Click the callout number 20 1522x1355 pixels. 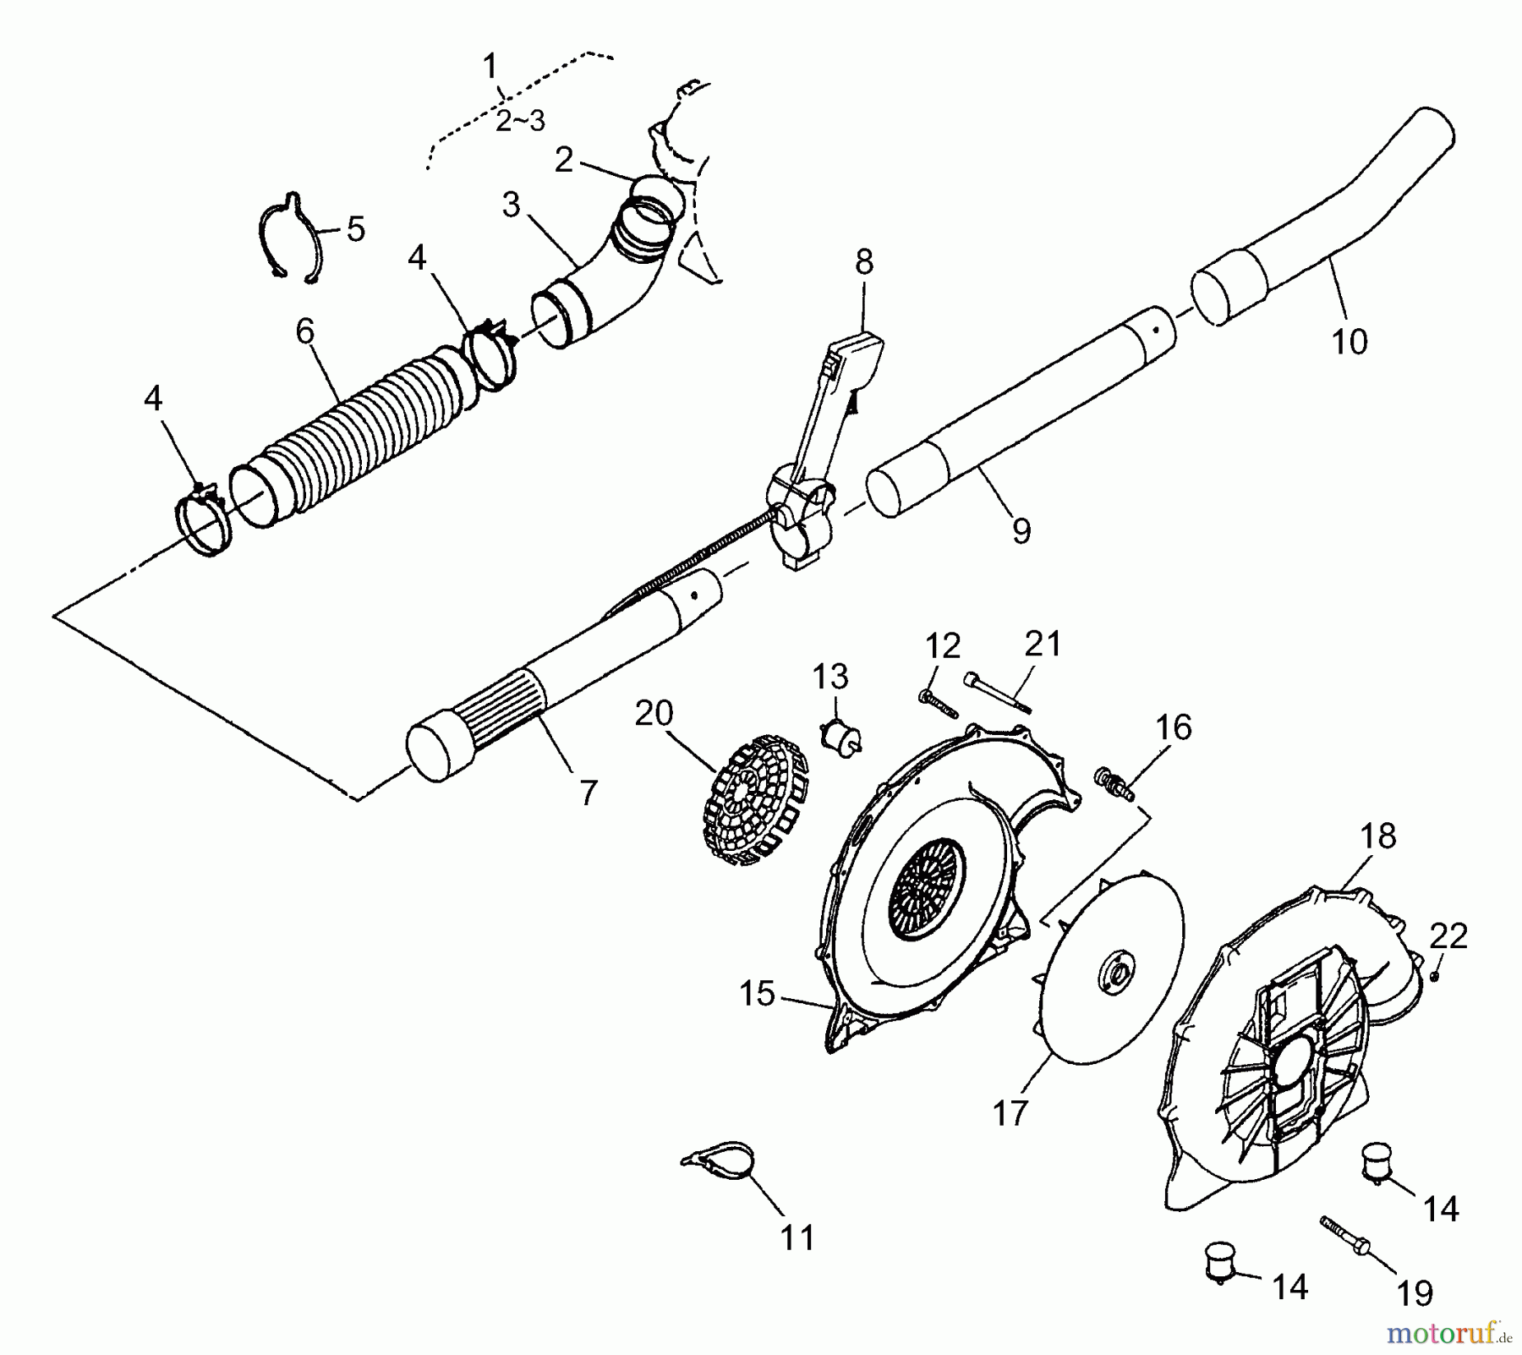(654, 714)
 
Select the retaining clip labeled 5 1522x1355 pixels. (290, 238)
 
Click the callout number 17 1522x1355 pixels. (1010, 1114)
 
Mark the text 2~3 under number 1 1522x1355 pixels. (520, 122)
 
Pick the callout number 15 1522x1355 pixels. (757, 994)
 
